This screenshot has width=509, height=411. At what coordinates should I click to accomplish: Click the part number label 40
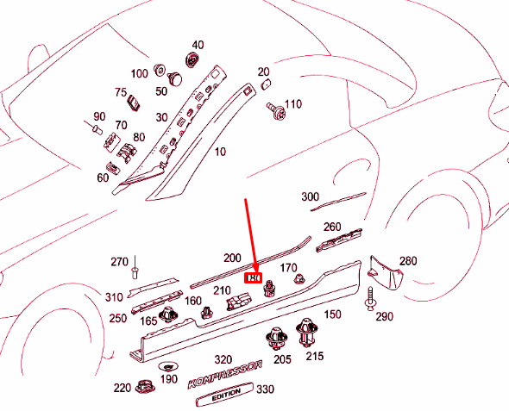tap(198, 45)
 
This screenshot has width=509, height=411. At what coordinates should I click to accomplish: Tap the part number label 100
tap(139, 73)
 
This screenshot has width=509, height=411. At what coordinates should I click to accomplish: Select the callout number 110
tap(293, 104)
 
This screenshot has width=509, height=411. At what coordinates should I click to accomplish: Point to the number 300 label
tap(311, 197)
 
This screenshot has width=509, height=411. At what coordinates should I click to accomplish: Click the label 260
tap(332, 227)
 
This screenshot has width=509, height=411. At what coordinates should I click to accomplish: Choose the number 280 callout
tap(407, 260)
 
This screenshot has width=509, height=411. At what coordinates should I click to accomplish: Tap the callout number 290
tap(384, 316)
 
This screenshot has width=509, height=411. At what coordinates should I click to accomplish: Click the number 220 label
tap(122, 387)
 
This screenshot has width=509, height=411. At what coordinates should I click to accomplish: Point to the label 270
tap(119, 261)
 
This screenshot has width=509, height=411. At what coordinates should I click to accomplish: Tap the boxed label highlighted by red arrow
tap(254, 279)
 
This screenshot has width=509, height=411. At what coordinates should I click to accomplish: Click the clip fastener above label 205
tap(277, 338)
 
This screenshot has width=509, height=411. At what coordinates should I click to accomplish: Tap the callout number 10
tap(220, 152)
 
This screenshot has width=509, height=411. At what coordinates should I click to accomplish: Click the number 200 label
tap(232, 258)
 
